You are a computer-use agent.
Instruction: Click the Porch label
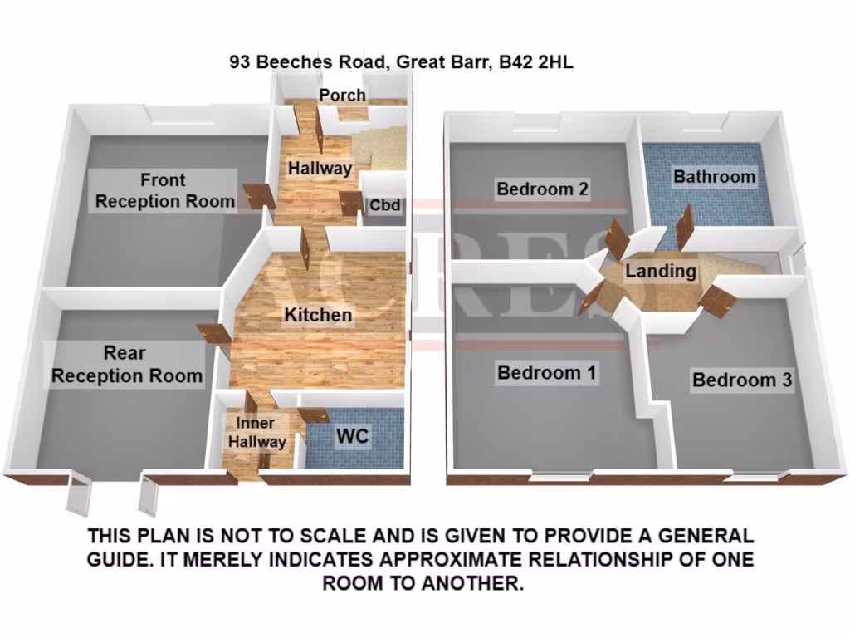click(343, 95)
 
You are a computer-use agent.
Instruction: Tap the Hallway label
click(320, 168)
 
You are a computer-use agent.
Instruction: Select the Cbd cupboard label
click(385, 205)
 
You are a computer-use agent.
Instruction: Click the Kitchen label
click(318, 315)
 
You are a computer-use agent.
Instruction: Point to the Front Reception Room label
click(163, 190)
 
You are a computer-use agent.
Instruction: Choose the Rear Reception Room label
click(126, 364)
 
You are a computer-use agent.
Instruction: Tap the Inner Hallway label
click(256, 433)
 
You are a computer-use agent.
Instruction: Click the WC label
click(350, 435)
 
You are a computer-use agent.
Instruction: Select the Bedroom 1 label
click(546, 372)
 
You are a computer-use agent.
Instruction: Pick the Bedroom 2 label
click(542, 189)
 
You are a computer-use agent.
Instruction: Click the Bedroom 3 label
click(741, 380)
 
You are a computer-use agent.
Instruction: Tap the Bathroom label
click(714, 176)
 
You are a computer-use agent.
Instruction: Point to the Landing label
click(660, 271)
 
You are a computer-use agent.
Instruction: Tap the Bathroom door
click(685, 226)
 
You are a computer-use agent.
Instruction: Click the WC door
click(312, 415)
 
